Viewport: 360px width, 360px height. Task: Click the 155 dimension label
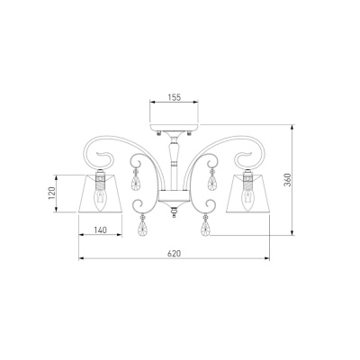[x=175, y=97]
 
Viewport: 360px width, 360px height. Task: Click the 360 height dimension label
[x=288, y=180]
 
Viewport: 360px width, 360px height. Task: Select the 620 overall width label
[x=175, y=254]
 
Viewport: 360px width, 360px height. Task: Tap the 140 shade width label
[x=100, y=230]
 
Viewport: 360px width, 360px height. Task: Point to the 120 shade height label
[x=52, y=193]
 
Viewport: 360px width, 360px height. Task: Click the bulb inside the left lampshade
[x=100, y=199]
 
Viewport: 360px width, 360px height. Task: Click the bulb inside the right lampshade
[x=247, y=199]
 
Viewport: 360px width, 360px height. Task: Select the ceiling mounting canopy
[x=175, y=127]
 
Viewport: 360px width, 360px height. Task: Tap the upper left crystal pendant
[x=136, y=180]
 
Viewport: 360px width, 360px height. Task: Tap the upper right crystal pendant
[x=212, y=180]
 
